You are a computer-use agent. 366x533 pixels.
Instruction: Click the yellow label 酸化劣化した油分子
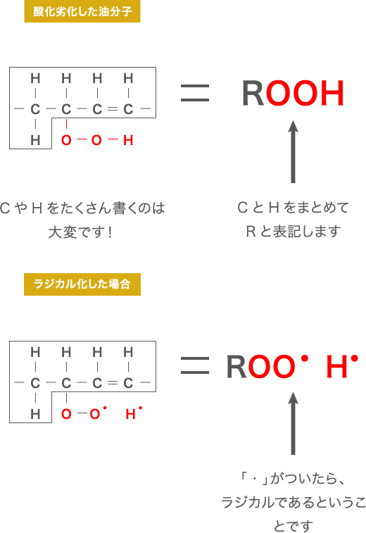click(82, 12)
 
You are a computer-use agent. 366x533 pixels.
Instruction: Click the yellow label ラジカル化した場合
click(82, 284)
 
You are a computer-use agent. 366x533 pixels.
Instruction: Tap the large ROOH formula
click(294, 93)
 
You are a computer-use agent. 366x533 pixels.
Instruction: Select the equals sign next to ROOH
click(195, 93)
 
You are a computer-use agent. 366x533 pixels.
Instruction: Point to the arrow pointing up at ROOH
click(294, 151)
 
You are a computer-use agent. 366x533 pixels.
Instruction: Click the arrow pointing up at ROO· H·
click(294, 423)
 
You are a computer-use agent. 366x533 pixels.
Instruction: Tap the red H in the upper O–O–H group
click(128, 140)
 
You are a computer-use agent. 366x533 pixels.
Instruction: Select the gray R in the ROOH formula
click(253, 93)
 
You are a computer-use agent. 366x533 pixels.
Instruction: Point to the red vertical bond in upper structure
click(66, 124)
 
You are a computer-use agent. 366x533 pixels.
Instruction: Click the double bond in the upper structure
click(113, 109)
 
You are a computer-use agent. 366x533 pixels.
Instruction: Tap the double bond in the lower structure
click(113, 383)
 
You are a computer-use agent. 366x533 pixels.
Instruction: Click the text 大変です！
click(80, 232)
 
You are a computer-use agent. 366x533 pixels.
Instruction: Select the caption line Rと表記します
click(294, 232)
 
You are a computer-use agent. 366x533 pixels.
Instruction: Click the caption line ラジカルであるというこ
click(294, 503)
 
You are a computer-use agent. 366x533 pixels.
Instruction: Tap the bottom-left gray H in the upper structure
click(35, 140)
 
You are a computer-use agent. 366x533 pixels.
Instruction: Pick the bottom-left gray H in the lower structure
click(35, 414)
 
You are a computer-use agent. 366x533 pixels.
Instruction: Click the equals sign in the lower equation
click(195, 365)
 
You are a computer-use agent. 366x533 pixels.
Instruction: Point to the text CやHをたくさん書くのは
click(82, 208)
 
